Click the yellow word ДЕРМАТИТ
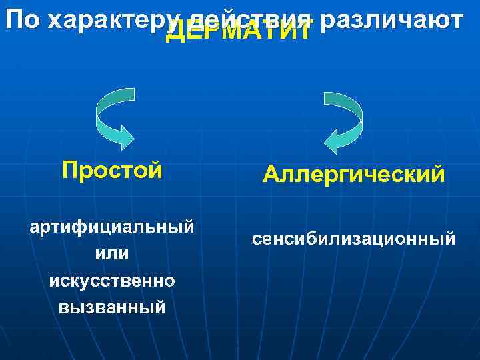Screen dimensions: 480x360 (x=238, y=31)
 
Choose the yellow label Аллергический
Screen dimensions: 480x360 (x=353, y=174)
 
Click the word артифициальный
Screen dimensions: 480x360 (x=112, y=227)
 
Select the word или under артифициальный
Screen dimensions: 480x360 (x=112, y=253)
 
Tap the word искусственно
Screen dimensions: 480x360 (x=112, y=281)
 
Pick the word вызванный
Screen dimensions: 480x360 (x=112, y=307)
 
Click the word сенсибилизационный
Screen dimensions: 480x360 (x=354, y=237)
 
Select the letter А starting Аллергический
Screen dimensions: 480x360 (x=271, y=174)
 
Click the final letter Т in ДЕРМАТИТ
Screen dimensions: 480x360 (x=303, y=31)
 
